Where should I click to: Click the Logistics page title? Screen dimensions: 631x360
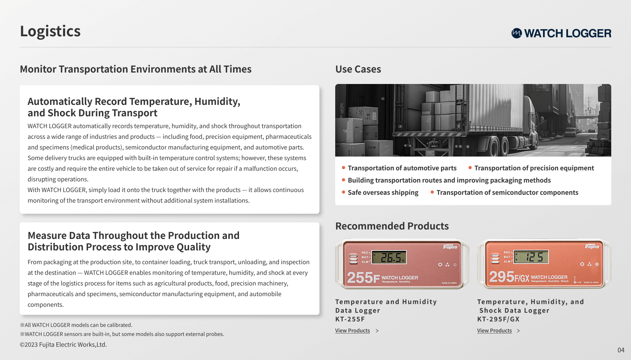pyautogui.click(x=50, y=31)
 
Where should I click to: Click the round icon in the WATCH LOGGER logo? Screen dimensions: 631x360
pyautogui.click(x=517, y=33)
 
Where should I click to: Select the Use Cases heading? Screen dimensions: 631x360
pyautogui.click(x=358, y=69)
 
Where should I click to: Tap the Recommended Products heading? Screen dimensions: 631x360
pyautogui.click(x=392, y=226)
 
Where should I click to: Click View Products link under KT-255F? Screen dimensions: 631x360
pyautogui.click(x=353, y=330)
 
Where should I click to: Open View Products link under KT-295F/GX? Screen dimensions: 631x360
pyautogui.click(x=495, y=330)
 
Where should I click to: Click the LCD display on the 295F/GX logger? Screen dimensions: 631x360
pyautogui.click(x=531, y=257)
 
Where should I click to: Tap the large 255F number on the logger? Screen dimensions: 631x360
pyautogui.click(x=363, y=278)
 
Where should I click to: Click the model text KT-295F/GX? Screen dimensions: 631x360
pyautogui.click(x=498, y=319)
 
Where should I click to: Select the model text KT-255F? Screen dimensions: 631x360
pyautogui.click(x=350, y=319)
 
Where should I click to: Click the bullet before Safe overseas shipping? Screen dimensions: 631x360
pyautogui.click(x=344, y=192)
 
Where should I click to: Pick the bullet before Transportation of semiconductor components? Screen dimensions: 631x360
pyautogui.click(x=432, y=192)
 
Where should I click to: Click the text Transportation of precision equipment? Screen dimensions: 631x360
pyautogui.click(x=534, y=168)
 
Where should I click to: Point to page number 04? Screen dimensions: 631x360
pyautogui.click(x=621, y=350)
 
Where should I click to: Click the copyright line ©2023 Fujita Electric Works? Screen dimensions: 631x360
pyautogui.click(x=63, y=345)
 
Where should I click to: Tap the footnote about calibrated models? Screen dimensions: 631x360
pyautogui.click(x=76, y=325)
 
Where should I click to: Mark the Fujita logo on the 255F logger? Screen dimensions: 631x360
pyautogui.click(x=450, y=247)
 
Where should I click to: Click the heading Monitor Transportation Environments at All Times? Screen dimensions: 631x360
pyautogui.click(x=136, y=69)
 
